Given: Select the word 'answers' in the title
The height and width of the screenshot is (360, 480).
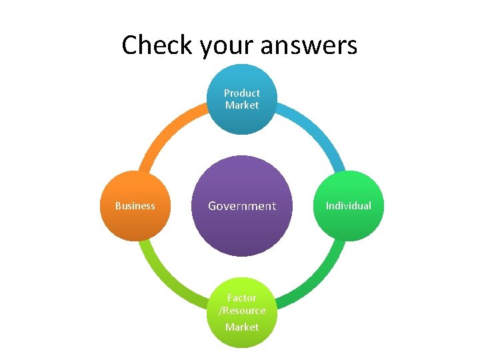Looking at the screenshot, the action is pos(311,45).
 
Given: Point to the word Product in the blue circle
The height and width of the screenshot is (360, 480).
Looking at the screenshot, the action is pos(242,93).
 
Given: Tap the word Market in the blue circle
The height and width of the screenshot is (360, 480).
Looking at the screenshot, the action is pos(242,105).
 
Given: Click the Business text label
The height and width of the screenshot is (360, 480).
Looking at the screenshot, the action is pos(135,206).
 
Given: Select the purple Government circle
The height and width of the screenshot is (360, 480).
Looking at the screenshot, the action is pos(242,230).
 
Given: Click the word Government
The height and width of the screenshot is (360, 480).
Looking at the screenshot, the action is pos(242,206).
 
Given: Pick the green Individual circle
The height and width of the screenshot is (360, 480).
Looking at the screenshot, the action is pos(349,223).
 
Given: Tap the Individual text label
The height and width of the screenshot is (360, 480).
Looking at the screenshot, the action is pos(349,206).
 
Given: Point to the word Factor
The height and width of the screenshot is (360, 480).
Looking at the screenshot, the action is pos(242,298).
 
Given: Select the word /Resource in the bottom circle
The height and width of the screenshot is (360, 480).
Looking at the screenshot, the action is pos(242,311).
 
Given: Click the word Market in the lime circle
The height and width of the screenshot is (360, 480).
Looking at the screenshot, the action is pos(242,327).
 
